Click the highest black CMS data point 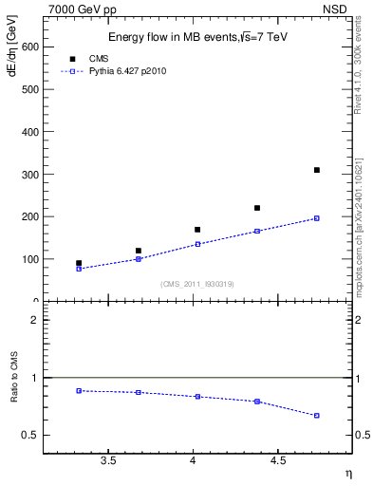[x=317, y=170]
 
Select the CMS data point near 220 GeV [x=257, y=208]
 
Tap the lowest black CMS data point [x=79, y=263]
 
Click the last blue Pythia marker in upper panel [x=317, y=218]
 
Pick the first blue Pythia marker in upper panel [x=79, y=269]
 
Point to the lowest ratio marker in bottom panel [x=317, y=416]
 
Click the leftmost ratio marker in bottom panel [x=79, y=390]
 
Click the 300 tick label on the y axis [x=28, y=174]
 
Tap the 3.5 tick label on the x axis [x=108, y=461]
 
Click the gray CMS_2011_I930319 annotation [x=196, y=284]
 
